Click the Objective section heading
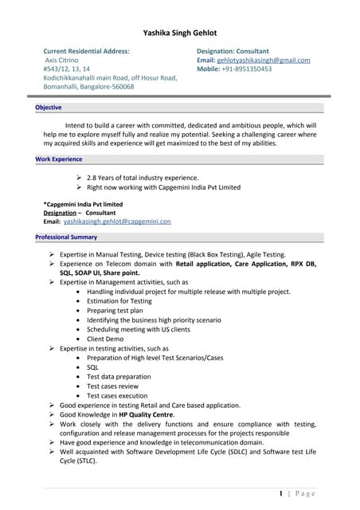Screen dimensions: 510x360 pyautogui.click(x=49, y=108)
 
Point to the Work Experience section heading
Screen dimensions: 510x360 pyautogui.click(x=59, y=159)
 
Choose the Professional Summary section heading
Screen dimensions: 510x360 pyautogui.click(x=66, y=237)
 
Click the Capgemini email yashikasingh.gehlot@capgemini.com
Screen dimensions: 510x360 pyautogui.click(x=117, y=222)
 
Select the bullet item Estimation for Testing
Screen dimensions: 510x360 pyautogui.click(x=119, y=301)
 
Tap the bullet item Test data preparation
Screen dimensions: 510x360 pyautogui.click(x=119, y=377)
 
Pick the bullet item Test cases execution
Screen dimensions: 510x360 pyautogui.click(x=117, y=396)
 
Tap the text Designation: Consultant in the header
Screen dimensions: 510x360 pyautogui.click(x=233, y=51)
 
